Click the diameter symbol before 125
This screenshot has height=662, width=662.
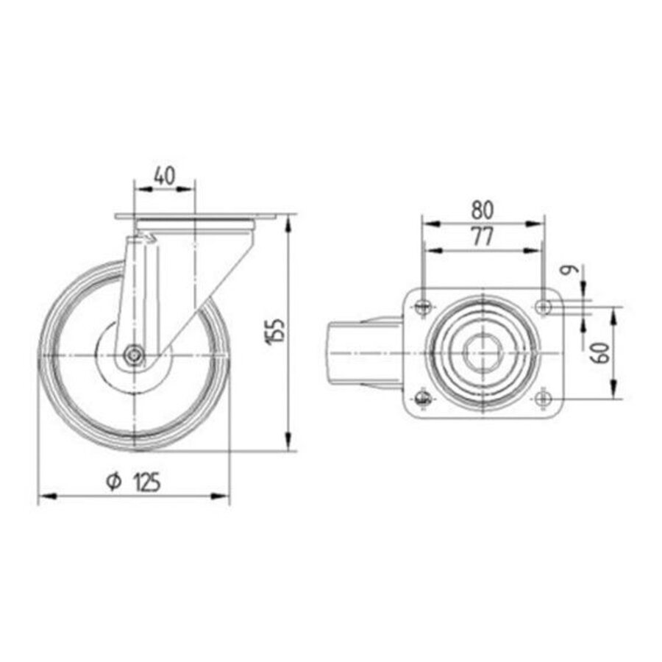click(x=113, y=482)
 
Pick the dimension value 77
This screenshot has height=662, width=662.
click(x=483, y=236)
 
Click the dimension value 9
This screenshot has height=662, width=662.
click(x=567, y=271)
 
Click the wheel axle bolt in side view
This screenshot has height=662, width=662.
click(x=133, y=355)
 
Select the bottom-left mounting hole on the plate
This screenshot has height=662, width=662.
click(x=422, y=399)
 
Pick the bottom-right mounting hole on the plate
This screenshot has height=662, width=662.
click(x=543, y=399)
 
